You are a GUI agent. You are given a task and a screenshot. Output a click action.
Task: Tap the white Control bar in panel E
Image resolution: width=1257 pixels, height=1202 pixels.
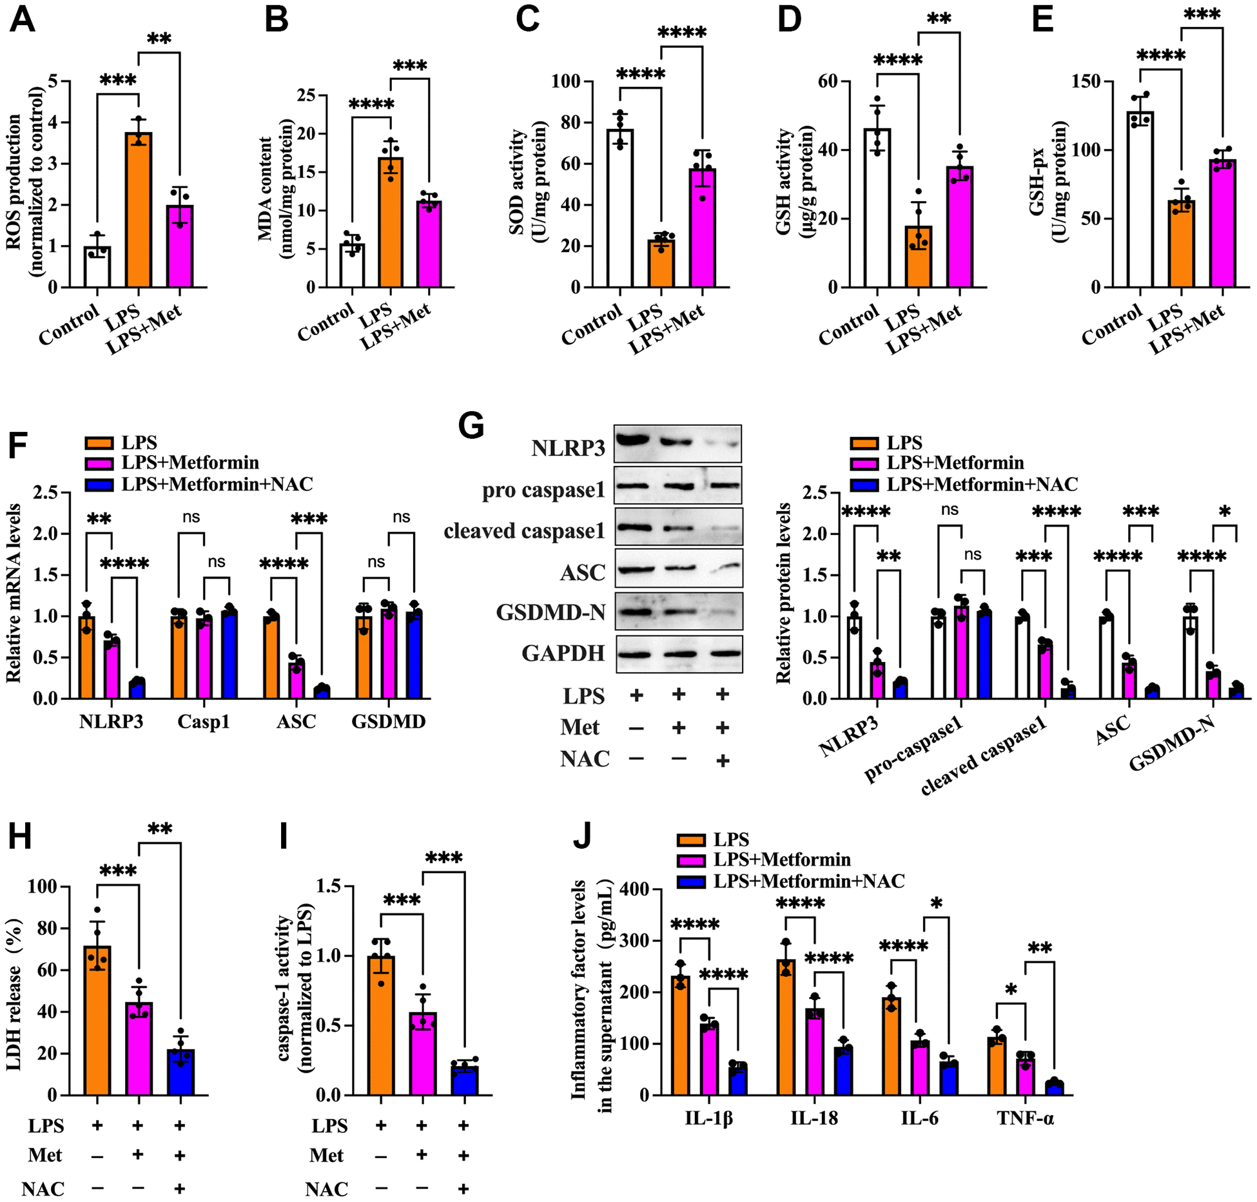tap(1140, 199)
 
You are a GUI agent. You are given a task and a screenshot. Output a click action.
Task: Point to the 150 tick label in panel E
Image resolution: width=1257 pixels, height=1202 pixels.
tap(1086, 82)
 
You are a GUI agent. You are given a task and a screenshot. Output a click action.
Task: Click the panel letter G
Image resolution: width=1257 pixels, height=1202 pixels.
tap(471, 427)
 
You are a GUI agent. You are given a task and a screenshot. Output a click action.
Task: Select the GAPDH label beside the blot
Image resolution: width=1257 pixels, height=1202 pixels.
tap(563, 653)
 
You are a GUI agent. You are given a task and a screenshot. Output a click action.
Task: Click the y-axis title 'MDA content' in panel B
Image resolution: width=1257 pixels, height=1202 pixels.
tap(265, 187)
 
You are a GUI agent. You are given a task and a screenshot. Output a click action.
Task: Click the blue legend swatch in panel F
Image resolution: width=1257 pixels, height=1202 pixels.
tap(99, 484)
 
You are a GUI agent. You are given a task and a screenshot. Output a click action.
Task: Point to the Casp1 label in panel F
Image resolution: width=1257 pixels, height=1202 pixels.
tap(204, 721)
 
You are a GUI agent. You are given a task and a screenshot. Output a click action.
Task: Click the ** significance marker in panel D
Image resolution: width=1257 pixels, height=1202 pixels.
tap(939, 18)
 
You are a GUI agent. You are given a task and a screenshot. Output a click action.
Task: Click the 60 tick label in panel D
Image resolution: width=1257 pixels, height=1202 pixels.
tap(827, 82)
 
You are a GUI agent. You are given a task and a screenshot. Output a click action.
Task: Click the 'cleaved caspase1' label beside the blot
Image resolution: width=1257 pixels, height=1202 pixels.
tap(524, 530)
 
